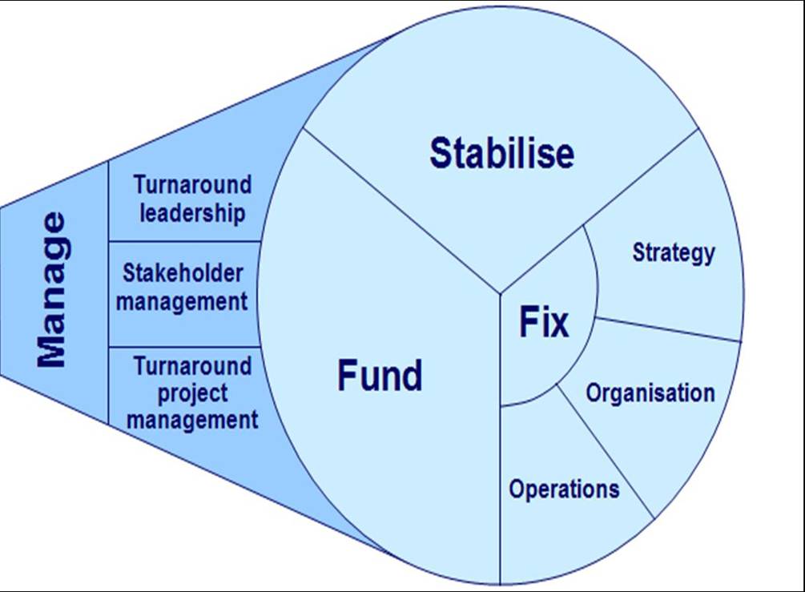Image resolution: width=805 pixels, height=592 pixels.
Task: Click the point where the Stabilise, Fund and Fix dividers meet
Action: (501, 294)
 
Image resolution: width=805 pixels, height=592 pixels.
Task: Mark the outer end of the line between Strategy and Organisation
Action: (742, 341)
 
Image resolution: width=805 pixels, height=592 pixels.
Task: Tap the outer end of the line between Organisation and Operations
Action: (654, 518)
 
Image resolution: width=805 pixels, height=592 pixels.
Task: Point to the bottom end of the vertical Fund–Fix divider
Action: (501, 584)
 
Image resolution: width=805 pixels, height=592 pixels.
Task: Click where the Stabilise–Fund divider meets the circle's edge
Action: (304, 128)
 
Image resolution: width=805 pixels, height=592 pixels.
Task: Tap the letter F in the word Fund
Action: (347, 376)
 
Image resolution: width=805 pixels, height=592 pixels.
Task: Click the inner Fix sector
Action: (544, 318)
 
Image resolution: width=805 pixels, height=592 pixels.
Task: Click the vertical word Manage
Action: (51, 290)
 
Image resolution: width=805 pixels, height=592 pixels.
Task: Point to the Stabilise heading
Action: (501, 153)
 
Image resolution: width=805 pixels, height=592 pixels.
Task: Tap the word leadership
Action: (192, 213)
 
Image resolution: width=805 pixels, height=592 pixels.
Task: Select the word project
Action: (192, 394)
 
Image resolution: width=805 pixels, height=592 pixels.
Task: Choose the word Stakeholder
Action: (183, 272)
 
